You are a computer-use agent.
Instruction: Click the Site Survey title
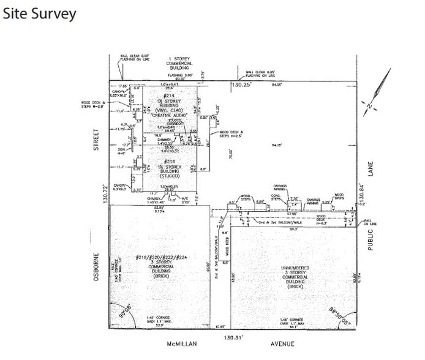pos(40,13)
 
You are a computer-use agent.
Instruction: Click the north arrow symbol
pos(379,92)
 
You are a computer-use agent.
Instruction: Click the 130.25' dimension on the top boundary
pos(241,87)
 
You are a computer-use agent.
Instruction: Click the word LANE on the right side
pos(370,168)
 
